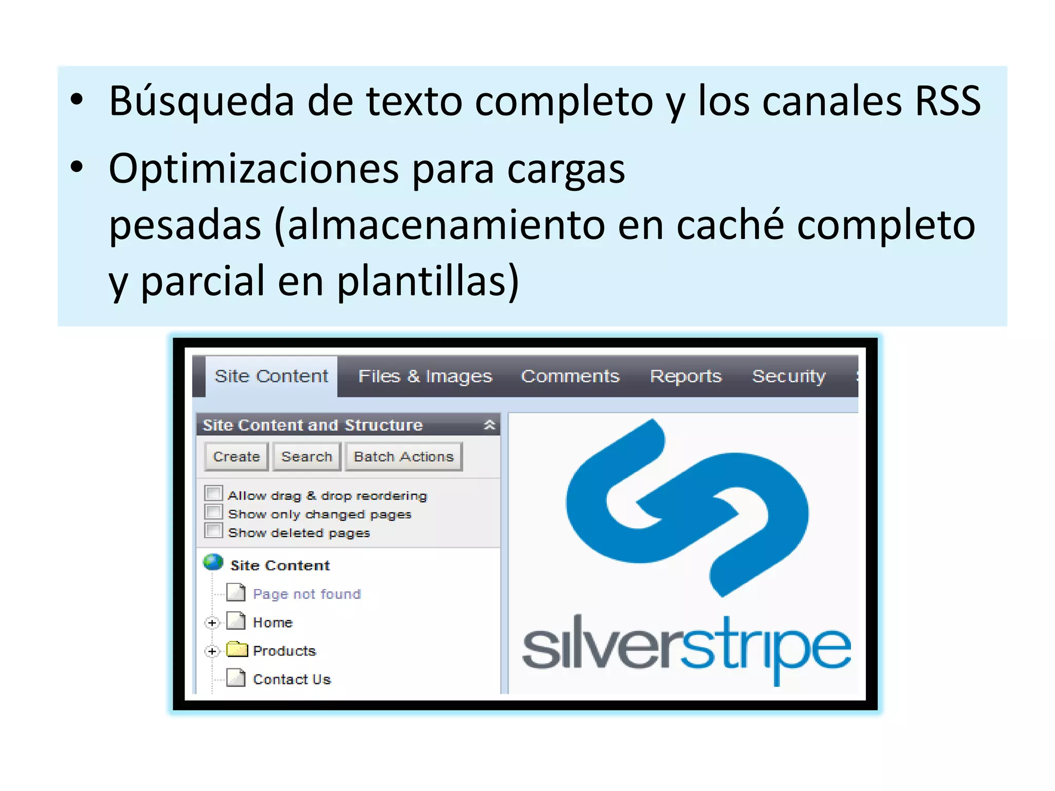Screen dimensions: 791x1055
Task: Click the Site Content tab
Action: coord(271,376)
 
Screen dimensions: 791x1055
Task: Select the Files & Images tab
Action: coord(425,376)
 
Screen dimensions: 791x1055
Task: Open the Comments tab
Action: coord(570,376)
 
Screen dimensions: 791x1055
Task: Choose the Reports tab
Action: coord(686,376)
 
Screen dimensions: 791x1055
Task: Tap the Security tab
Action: coord(789,376)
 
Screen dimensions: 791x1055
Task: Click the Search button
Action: coord(307,457)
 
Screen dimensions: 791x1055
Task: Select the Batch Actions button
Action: coord(403,457)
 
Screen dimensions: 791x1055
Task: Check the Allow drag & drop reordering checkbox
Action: coord(213,493)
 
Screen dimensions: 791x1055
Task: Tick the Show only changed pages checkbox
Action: coord(213,512)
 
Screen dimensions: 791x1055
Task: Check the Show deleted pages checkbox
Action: coord(213,530)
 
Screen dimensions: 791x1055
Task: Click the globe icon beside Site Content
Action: coord(213,562)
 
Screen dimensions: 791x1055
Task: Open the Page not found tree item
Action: coord(307,594)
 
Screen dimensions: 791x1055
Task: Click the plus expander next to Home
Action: coord(212,623)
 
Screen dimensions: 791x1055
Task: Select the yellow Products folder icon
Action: coord(237,649)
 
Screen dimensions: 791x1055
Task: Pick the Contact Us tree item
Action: coord(292,680)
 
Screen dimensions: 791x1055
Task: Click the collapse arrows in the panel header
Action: coord(489,425)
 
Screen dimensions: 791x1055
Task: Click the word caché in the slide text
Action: coord(730,225)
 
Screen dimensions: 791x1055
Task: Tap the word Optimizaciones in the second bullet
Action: coord(253,168)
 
